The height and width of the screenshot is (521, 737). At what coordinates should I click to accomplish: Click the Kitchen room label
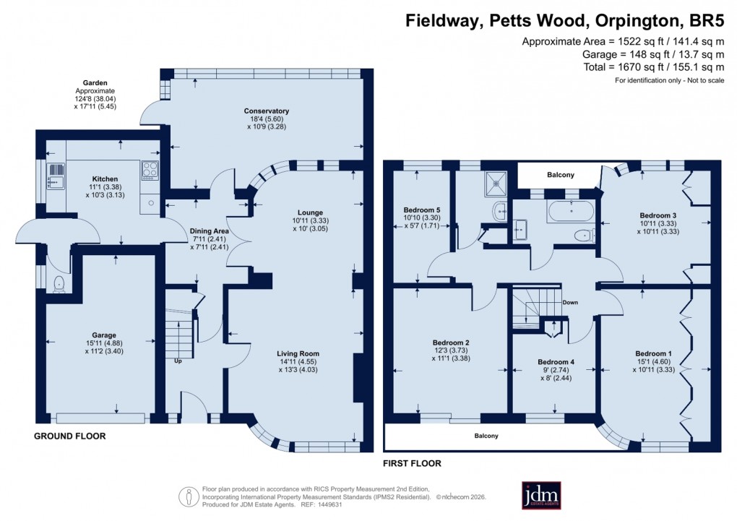pos(105,178)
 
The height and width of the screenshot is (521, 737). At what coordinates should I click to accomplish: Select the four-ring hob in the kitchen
pos(151,171)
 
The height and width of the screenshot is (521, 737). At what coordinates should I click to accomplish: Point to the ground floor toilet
pos(59,283)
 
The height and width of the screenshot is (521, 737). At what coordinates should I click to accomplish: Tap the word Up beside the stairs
pos(177,361)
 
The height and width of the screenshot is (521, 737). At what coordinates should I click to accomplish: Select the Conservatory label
pos(267,111)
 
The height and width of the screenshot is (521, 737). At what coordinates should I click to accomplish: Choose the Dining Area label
pos(209,231)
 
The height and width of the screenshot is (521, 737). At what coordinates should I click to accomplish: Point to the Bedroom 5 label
pos(421,210)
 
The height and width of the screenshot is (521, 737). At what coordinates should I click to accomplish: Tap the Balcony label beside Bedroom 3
pos(556,175)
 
